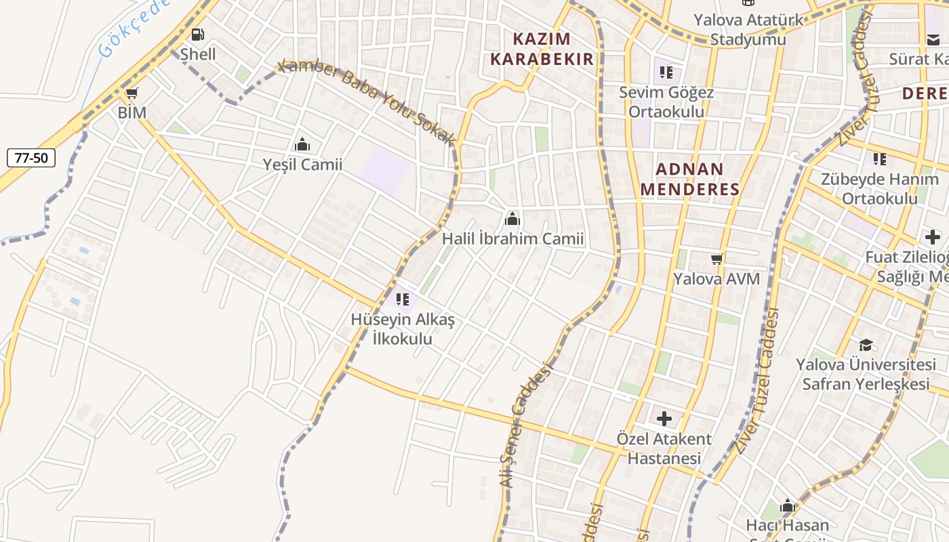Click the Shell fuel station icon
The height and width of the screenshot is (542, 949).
point(197,35)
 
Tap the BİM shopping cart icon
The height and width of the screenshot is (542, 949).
point(132,93)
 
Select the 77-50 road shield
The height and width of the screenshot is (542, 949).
point(31,159)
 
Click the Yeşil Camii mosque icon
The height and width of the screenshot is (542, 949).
point(302,144)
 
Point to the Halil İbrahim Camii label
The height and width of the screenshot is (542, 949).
point(512,239)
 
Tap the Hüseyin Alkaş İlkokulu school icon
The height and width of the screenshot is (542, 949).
point(403,299)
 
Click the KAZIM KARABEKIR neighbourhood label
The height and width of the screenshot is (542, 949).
point(542,49)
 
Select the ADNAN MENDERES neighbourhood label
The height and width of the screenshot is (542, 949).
point(689,179)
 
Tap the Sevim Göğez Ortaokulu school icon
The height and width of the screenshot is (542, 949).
point(666,72)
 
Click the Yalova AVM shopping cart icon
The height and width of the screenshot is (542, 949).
point(716,259)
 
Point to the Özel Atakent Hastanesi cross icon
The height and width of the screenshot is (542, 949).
point(664,419)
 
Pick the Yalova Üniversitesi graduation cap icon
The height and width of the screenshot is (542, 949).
point(866,345)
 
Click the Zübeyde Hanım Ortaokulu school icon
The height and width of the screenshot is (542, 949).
point(879,159)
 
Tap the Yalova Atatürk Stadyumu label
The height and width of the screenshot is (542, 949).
point(748,29)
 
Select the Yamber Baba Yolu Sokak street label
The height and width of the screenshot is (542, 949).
point(366,101)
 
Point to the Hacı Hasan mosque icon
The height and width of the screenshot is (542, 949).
point(787,505)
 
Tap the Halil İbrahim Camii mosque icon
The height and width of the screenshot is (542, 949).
point(512,219)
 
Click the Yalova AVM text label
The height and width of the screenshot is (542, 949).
point(716,279)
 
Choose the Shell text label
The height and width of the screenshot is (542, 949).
point(198,54)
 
